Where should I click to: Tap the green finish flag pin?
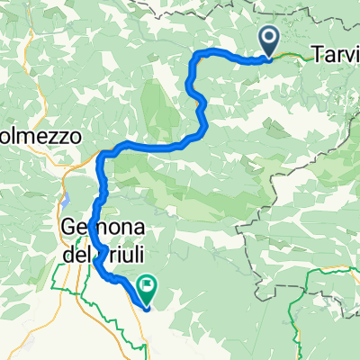pyautogui.click(x=144, y=287)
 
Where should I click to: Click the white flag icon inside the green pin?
pyautogui.click(x=144, y=285)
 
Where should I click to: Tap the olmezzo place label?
pyautogui.click(x=40, y=137)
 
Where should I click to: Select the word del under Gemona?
pyautogui.click(x=78, y=254)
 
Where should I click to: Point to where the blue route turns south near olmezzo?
pyautogui.click(x=102, y=155)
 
